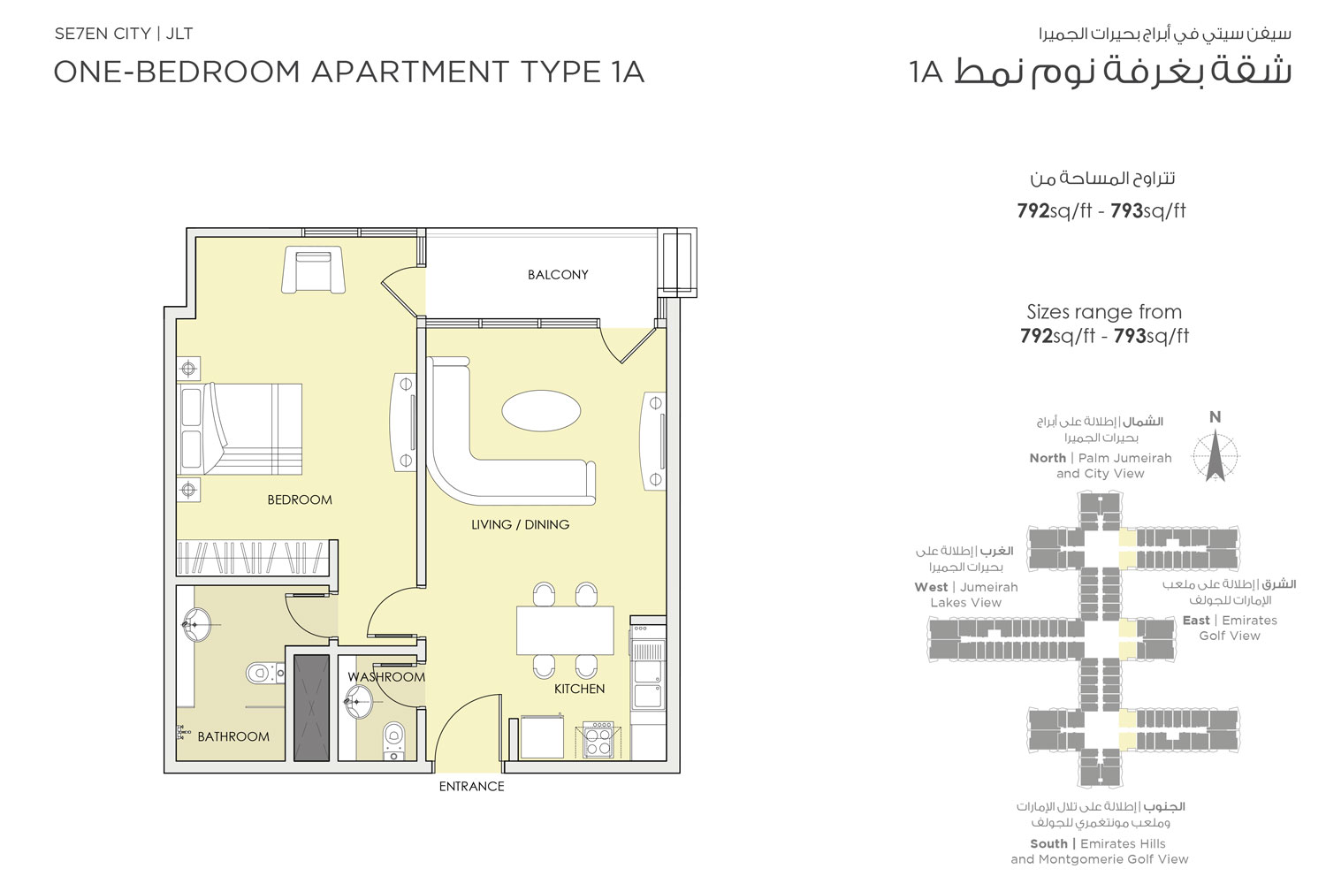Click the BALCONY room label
click(558, 275)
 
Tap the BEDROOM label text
click(300, 500)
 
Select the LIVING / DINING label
click(520, 525)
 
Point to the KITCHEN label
click(579, 689)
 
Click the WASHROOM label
click(386, 677)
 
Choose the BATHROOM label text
click(233, 736)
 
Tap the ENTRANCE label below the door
click(471, 787)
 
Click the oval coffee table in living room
click(541, 411)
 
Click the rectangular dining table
click(565, 630)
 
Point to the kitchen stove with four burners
click(598, 740)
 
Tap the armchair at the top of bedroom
click(313, 270)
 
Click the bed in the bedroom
click(241, 429)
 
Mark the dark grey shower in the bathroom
click(311, 708)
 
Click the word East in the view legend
click(1196, 621)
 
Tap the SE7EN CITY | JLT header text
click(124, 34)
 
